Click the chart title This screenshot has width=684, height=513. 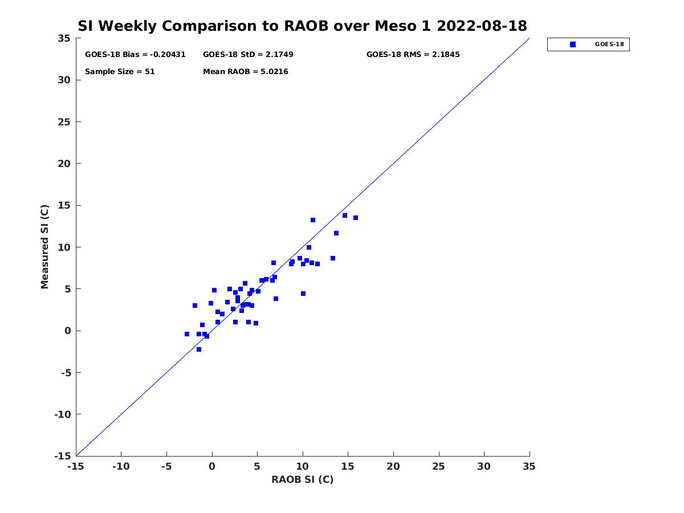[302, 26]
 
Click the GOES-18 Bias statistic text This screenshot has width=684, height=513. [135, 55]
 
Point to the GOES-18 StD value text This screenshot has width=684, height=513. [248, 55]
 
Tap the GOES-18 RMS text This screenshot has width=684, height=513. [413, 55]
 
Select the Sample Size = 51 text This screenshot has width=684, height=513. [120, 72]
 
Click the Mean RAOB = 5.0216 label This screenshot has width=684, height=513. [245, 72]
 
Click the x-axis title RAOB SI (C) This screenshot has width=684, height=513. [302, 479]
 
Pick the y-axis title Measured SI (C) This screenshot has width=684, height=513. [45, 247]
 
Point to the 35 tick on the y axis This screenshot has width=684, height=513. [64, 38]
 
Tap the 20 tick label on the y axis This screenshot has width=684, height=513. [64, 164]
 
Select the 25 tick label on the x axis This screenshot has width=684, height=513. [438, 466]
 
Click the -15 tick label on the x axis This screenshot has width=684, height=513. [76, 466]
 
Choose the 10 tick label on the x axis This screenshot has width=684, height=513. [303, 466]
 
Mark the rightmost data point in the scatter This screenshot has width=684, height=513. [356, 218]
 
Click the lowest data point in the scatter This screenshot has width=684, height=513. [199, 349]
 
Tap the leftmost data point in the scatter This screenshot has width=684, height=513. [187, 334]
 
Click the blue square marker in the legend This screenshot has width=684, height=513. [573, 44]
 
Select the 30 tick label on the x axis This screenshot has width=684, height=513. [484, 466]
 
